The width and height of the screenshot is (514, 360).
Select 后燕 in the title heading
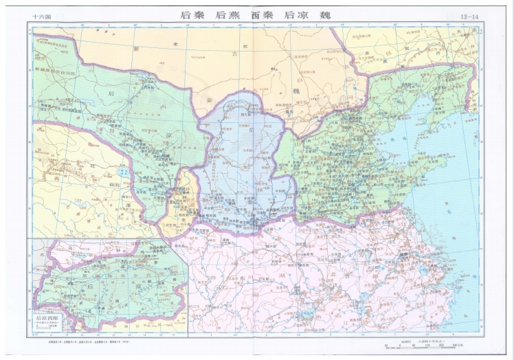click(x=230, y=14)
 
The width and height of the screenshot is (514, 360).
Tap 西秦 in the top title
click(x=265, y=14)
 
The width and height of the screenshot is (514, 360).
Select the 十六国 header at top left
click(x=42, y=16)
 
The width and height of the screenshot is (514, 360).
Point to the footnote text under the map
click(x=90, y=341)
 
